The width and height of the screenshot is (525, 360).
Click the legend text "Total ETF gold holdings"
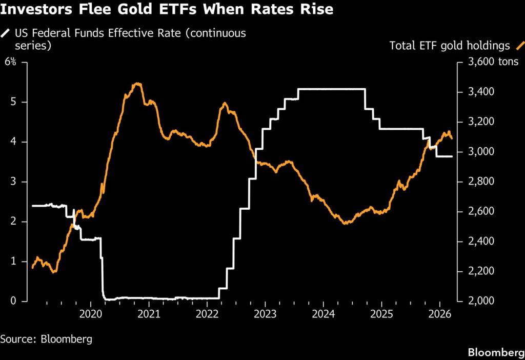450,46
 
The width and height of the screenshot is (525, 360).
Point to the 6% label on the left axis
11,62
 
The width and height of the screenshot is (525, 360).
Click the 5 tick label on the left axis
14,102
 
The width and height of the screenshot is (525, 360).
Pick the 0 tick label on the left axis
14,301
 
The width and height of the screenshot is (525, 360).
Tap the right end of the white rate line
452,156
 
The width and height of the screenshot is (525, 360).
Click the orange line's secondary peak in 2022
225,103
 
